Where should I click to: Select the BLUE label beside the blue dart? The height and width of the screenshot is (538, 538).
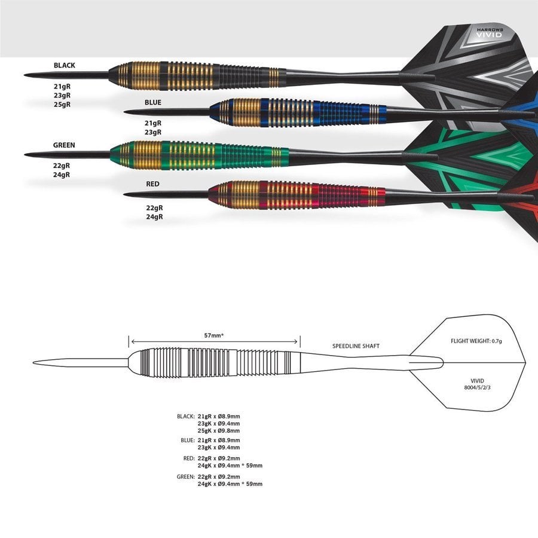click(x=153, y=103)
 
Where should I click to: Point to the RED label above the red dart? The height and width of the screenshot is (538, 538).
click(x=153, y=184)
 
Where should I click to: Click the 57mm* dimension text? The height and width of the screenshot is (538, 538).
click(x=213, y=335)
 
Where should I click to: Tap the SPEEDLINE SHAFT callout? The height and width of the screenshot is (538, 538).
click(x=356, y=346)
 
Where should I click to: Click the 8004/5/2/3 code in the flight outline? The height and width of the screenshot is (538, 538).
click(x=477, y=388)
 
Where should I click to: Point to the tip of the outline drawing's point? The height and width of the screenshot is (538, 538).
click(x=33, y=363)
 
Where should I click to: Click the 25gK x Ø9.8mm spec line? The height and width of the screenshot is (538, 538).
click(x=219, y=430)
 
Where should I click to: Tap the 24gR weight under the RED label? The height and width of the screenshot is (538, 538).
click(x=154, y=217)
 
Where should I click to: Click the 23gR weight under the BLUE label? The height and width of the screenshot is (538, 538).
click(x=153, y=133)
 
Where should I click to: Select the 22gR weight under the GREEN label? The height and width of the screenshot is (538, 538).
click(x=62, y=166)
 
